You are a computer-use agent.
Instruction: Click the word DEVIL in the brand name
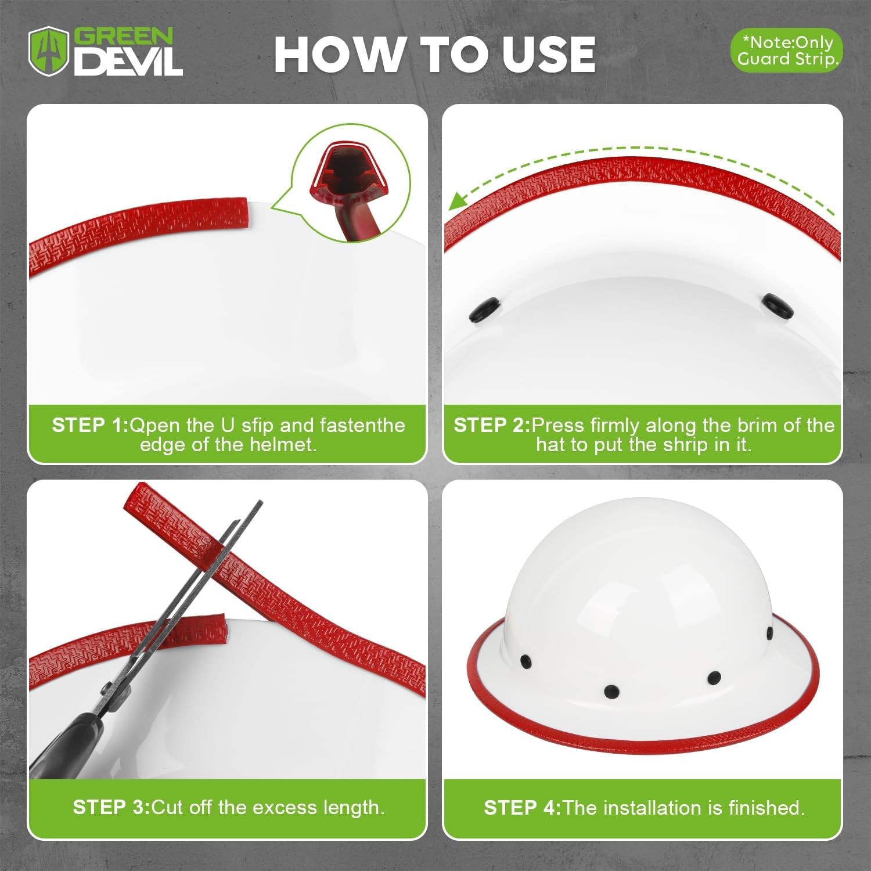(128, 62)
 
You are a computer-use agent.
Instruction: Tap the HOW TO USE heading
(434, 55)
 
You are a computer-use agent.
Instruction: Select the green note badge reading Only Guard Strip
(786, 51)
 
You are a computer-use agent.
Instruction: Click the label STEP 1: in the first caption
(89, 425)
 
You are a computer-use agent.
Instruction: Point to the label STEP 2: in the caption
(491, 425)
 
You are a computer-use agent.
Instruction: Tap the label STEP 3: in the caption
(111, 807)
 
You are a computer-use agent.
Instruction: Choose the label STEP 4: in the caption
(522, 808)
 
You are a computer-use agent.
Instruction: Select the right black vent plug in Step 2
(778, 305)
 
